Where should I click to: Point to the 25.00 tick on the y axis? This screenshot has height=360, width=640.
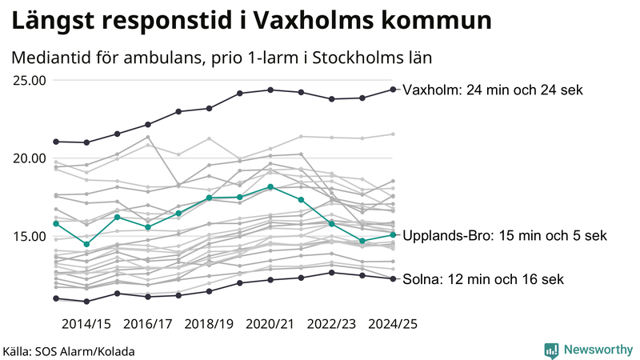tap(29, 80)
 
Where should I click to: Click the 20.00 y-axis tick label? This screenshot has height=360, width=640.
tap(29, 158)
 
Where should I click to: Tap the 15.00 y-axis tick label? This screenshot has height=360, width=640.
tap(29, 236)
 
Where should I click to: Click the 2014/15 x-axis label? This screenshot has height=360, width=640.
tap(86, 323)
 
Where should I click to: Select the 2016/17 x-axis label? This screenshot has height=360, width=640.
tap(148, 323)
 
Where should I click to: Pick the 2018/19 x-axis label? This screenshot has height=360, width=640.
tap(209, 323)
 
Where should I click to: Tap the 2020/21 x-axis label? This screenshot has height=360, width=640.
tap(270, 323)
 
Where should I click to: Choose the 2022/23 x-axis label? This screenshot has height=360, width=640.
tap(331, 323)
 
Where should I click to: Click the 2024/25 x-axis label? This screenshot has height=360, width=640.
tap(392, 323)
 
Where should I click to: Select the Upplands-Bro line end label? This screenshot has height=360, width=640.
tap(505, 235)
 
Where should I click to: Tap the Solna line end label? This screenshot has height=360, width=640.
tap(483, 279)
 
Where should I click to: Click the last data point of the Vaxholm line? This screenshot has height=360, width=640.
tap(393, 89)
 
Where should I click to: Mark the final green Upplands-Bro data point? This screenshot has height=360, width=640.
tap(393, 234)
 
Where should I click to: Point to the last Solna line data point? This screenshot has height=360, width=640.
tap(393, 278)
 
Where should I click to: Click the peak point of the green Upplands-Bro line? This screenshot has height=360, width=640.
tap(270, 186)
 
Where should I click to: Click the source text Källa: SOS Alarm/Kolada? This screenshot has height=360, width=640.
tap(69, 350)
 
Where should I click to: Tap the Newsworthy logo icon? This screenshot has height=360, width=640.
tap(551, 350)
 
